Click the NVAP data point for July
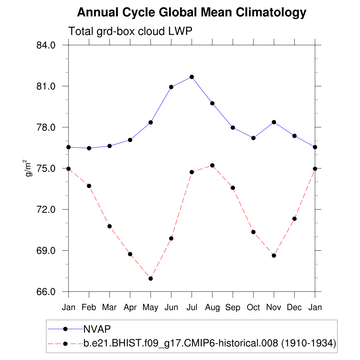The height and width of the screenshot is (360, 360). (x=192, y=77)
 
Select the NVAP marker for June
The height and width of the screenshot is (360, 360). (x=171, y=87)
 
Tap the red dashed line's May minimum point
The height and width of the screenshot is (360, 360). (x=150, y=278)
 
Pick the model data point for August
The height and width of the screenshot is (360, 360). (x=212, y=165)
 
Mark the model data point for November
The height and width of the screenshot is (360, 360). (x=274, y=255)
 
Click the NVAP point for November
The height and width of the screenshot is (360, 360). (x=274, y=122)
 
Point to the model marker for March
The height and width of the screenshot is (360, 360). (x=110, y=226)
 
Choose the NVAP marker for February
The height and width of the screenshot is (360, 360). (x=89, y=148)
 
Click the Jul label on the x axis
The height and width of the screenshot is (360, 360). (x=192, y=308)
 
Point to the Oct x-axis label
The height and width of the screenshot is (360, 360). (x=253, y=308)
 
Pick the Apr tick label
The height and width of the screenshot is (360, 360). (x=130, y=308)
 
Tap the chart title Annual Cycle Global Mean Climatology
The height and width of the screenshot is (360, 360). (x=192, y=13)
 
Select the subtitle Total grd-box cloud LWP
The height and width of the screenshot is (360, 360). (x=130, y=31)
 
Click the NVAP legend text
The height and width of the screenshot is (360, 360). (x=97, y=329)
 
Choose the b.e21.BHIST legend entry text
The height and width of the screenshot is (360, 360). (x=210, y=343)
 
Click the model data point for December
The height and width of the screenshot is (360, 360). (x=295, y=219)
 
